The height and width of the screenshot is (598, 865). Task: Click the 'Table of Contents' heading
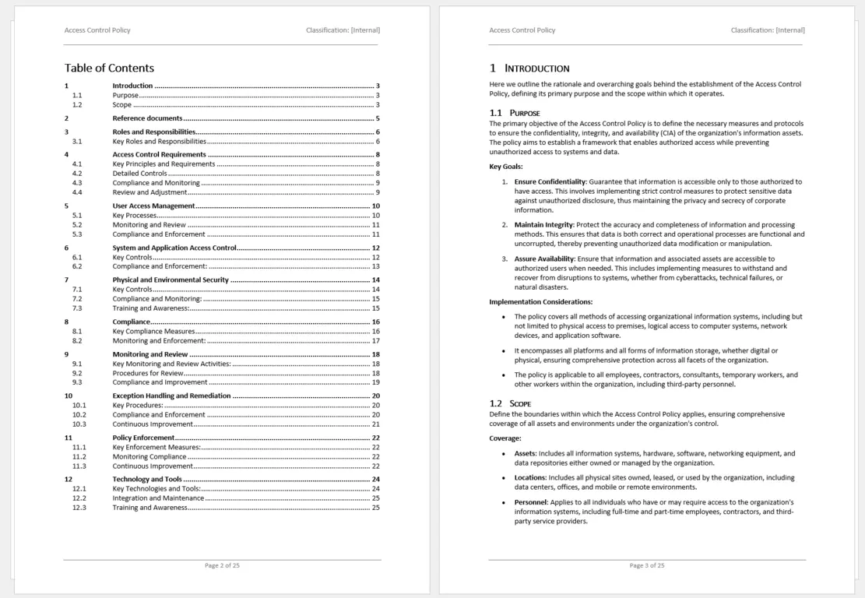tap(109, 68)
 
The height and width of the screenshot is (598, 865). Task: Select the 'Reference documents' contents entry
tap(147, 118)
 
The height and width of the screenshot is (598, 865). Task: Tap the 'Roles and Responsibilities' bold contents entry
tap(153, 132)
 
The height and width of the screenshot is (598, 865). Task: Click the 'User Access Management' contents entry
tap(153, 206)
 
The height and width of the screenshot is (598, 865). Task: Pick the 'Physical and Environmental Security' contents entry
tap(171, 280)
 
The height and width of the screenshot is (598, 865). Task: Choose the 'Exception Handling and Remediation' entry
tap(171, 396)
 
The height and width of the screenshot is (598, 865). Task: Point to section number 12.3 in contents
tap(79, 508)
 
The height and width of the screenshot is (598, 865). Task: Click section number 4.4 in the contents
tap(77, 192)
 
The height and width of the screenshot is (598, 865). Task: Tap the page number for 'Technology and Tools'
tap(375, 480)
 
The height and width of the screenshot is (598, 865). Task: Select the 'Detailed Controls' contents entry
tap(139, 174)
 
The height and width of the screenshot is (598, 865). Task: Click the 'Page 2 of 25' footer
tap(222, 565)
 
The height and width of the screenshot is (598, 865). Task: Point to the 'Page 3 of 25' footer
tap(647, 565)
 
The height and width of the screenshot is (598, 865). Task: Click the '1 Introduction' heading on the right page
tap(529, 69)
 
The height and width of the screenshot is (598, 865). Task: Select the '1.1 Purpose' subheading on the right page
tap(514, 113)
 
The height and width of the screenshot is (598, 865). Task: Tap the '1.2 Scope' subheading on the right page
tap(510, 403)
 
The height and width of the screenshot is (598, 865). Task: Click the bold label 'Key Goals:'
tap(506, 166)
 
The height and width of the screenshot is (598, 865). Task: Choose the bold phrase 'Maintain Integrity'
tap(543, 225)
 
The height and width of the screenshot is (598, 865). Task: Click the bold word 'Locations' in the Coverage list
tap(529, 477)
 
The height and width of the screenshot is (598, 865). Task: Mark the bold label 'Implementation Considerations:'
tap(540, 301)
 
